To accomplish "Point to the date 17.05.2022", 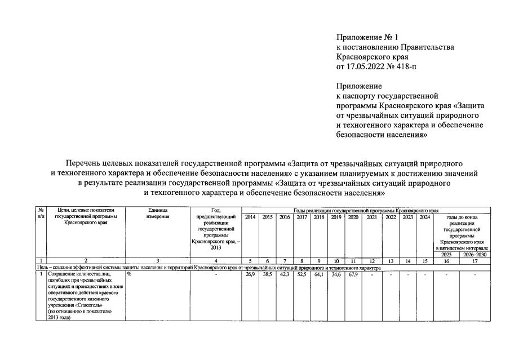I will pos(366,66).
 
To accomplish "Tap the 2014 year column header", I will pos(251,217).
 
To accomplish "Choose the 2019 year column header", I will pos(336,217).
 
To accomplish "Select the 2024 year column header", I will pos(425,217).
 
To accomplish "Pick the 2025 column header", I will pos(446,254).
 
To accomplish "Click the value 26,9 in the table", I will pos(251,274).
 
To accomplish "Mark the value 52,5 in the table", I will pos(301,274).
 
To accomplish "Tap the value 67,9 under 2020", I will pos(353,274).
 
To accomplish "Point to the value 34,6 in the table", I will pos(336,274).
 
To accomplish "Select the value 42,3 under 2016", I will pos(285,274).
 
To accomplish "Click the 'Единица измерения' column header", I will pos(158,214).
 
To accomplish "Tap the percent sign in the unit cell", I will pos(129,274).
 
